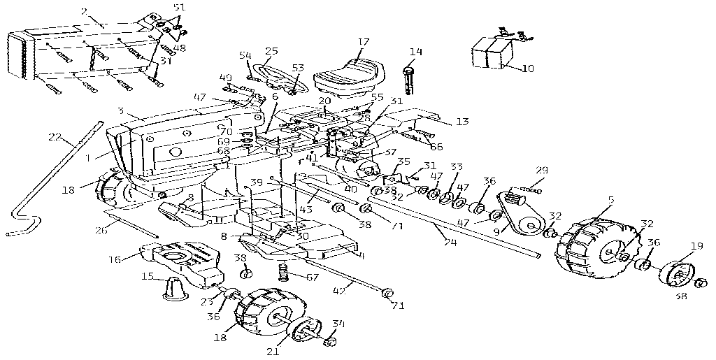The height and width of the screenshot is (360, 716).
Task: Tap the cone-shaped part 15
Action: click(x=175, y=287)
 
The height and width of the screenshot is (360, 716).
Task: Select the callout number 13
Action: click(x=461, y=122)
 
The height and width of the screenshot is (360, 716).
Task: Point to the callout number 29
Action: click(x=541, y=170)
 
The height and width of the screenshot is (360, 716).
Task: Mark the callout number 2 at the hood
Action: click(x=84, y=11)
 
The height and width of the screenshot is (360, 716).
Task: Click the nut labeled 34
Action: click(x=332, y=342)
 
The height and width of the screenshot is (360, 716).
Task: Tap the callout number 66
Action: click(x=437, y=146)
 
